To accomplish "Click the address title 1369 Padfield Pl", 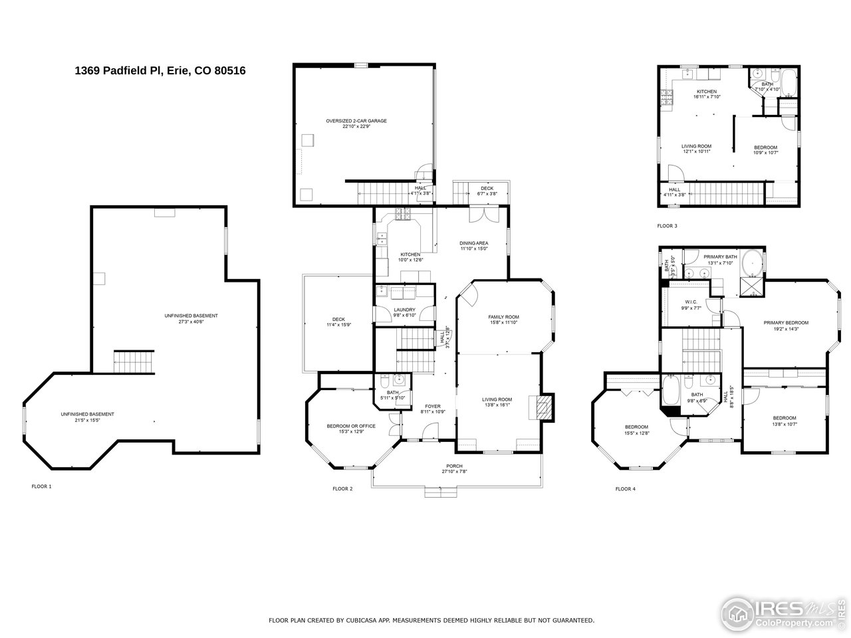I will coord(160,70).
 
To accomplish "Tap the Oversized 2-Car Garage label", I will coord(356,121).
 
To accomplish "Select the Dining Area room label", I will coord(473,243).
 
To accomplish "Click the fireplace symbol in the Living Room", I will coord(543,407).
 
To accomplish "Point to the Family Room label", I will coord(503,317).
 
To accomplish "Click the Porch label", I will coord(454,466).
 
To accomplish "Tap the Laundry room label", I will coord(404,310).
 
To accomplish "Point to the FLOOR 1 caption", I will coord(41,486).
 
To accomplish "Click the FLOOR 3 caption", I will coord(667,226).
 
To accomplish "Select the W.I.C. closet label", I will coord(691,302).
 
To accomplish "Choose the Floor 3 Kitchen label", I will coord(706,92).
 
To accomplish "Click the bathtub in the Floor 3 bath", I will coord(788,82).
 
